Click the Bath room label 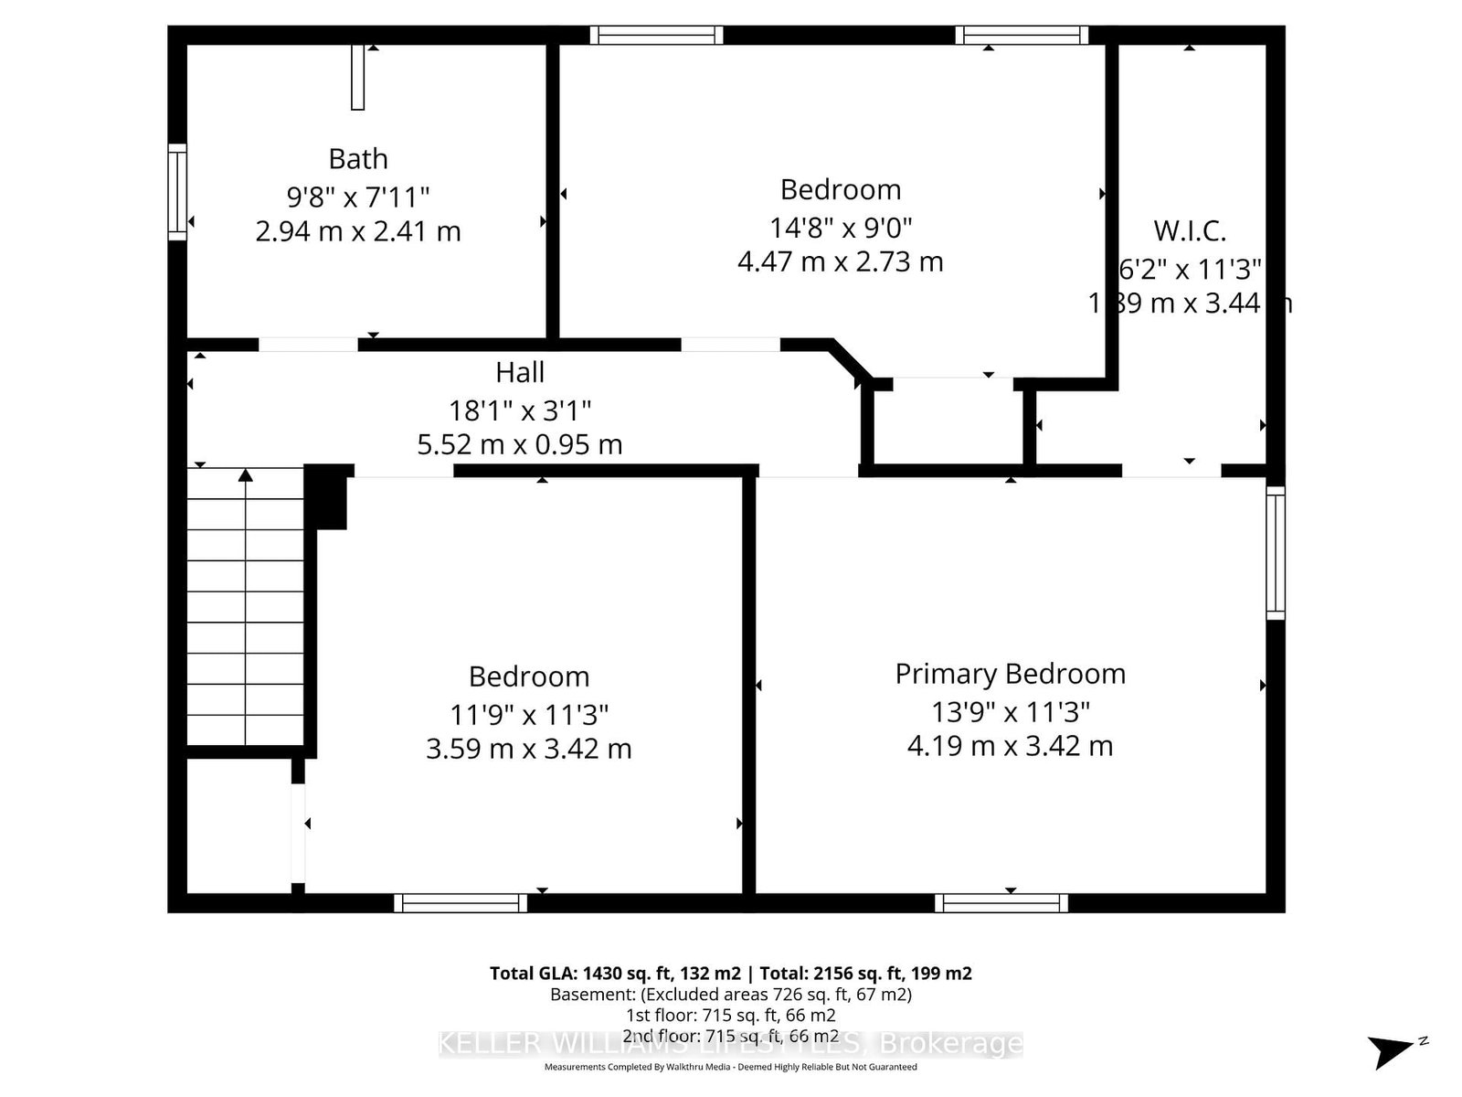click(358, 159)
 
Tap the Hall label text click(520, 373)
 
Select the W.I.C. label click(1189, 230)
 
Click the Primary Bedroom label click(1010, 675)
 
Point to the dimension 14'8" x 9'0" click(841, 226)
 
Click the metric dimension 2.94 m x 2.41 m click(358, 231)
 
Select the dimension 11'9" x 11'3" click(529, 713)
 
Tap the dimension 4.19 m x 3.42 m click(1010, 746)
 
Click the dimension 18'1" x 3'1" click(520, 410)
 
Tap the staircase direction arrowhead click(245, 474)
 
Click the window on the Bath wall click(177, 192)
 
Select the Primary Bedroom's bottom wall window click(1001, 903)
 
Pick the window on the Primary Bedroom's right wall click(1275, 553)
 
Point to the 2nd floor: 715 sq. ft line click(730, 1036)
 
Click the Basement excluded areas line click(730, 995)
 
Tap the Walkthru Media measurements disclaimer click(730, 1067)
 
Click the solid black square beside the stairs click(327, 496)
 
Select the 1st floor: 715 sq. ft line click(730, 1015)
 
